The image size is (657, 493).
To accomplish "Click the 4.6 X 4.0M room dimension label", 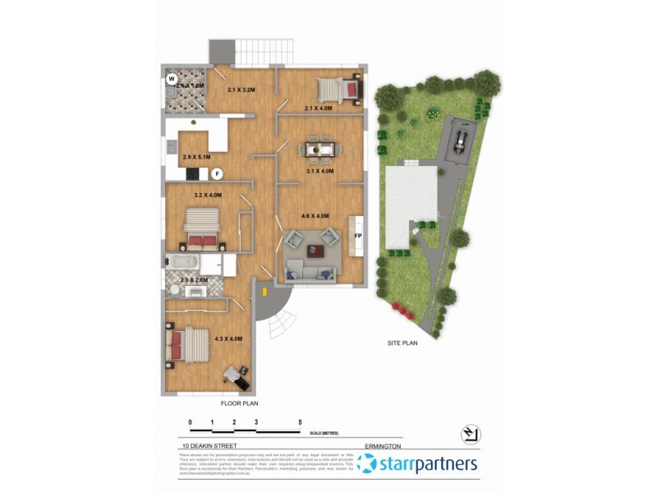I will pyautogui.click(x=315, y=216).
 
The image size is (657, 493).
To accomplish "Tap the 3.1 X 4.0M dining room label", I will pyautogui.click(x=319, y=172).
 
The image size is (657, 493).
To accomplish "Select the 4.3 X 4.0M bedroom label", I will pyautogui.click(x=228, y=339).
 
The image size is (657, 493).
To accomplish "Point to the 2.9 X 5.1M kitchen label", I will pyautogui.click(x=196, y=157).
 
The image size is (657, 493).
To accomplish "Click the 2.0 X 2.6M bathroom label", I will pyautogui.click(x=195, y=280).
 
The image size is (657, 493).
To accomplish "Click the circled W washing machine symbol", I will pyautogui.click(x=172, y=80).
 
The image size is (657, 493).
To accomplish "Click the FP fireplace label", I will pyautogui.click(x=357, y=237).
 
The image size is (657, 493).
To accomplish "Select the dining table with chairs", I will pyautogui.click(x=318, y=149).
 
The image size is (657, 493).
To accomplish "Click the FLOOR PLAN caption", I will pyautogui.click(x=240, y=404).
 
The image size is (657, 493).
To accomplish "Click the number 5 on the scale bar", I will pyautogui.click(x=300, y=422).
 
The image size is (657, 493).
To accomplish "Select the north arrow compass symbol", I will pyautogui.click(x=470, y=433).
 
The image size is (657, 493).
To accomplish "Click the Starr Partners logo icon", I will pyautogui.click(x=368, y=464).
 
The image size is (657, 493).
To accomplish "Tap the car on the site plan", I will pyautogui.click(x=460, y=141).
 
